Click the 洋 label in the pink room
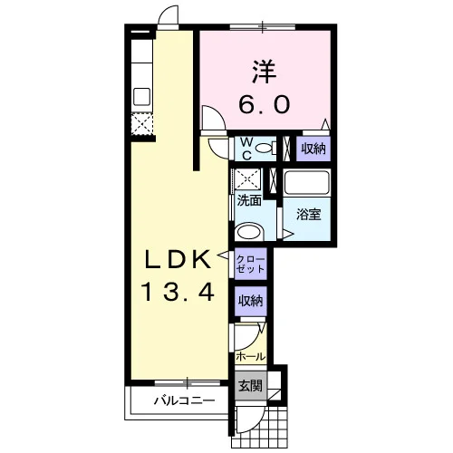(x=265, y=72)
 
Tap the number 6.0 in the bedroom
(x=265, y=104)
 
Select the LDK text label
(x=178, y=260)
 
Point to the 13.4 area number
(x=178, y=292)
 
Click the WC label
(x=247, y=149)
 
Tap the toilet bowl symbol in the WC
(x=265, y=149)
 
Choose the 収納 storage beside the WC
(x=313, y=149)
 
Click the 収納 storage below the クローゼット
(x=251, y=301)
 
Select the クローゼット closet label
(x=251, y=264)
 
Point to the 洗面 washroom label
(x=249, y=200)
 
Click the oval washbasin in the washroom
(x=249, y=232)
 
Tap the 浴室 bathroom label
(x=308, y=215)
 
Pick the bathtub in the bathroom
(x=307, y=182)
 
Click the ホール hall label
(x=250, y=357)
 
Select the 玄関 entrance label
(x=250, y=386)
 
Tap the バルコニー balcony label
(x=185, y=400)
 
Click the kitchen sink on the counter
(x=142, y=97)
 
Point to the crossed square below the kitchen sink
(x=142, y=124)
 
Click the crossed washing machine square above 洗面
(x=247, y=179)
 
